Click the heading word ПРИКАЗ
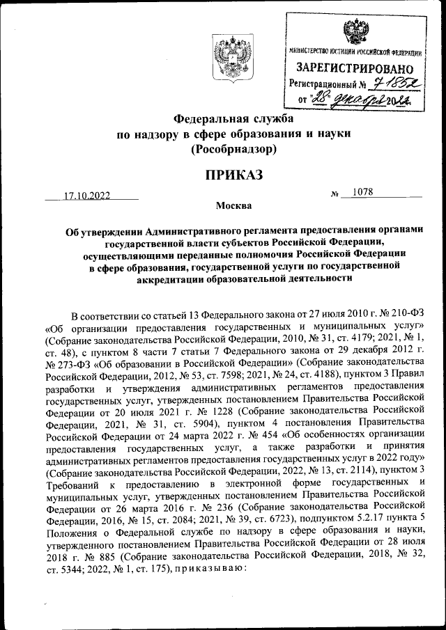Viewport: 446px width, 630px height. (x=233, y=175)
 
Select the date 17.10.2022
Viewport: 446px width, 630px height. (x=87, y=196)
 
